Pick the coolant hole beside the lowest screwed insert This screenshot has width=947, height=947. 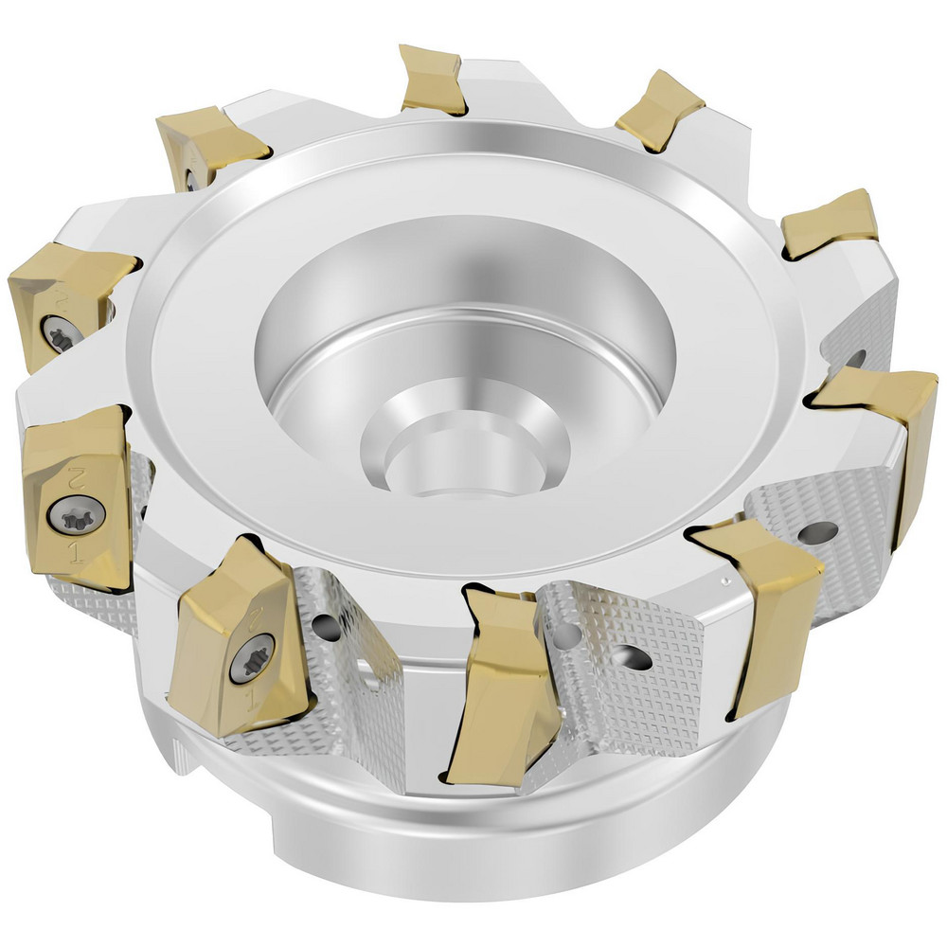pos(325,625)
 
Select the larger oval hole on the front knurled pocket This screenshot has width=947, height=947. pos(625,654)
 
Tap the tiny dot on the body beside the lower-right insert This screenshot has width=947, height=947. pos(724,581)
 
